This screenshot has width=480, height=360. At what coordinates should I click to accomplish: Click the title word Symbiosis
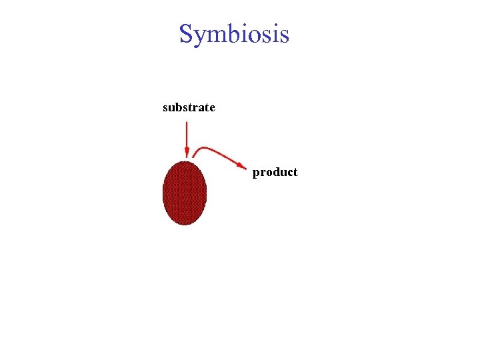pyautogui.click(x=234, y=33)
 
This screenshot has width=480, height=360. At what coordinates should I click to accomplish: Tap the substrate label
pyautogui.click(x=189, y=107)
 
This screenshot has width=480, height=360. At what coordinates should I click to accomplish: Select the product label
pyautogui.click(x=275, y=172)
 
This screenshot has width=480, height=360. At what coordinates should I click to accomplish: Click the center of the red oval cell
pyautogui.click(x=185, y=193)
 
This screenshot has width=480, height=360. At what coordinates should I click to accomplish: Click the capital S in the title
pyautogui.click(x=187, y=33)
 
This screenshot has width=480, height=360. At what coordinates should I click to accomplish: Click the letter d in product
pyautogui.click(x=275, y=172)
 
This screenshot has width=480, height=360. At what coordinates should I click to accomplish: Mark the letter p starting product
pyautogui.click(x=257, y=173)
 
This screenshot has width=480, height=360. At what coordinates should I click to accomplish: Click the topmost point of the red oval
pyautogui.click(x=185, y=161)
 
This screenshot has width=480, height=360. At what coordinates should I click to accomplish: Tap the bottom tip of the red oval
pyautogui.click(x=185, y=225)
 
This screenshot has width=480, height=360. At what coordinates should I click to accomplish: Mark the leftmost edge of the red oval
pyautogui.click(x=163, y=193)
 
